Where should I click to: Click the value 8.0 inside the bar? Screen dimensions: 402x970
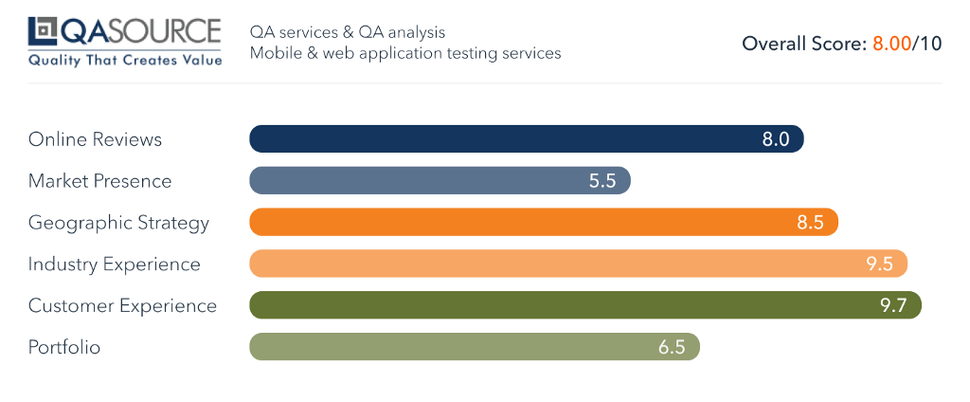pos(776,139)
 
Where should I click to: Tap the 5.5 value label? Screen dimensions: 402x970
pos(602,181)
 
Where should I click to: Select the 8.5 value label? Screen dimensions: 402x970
pos(811,223)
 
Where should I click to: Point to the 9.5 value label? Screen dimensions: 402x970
pos(880,265)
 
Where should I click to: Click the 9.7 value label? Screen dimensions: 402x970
pos(894,305)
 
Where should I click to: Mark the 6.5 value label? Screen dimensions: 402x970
pos(672,347)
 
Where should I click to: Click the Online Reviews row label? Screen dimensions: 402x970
pos(95,139)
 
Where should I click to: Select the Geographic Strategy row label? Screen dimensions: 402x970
pos(118,223)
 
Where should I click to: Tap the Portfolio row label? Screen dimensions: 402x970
pos(64,347)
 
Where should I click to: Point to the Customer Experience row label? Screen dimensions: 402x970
pos(122,305)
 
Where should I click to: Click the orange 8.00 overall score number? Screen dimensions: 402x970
pos(890,44)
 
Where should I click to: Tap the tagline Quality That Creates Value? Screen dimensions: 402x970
pos(125,61)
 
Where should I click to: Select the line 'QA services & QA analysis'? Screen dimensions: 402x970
pos(348,33)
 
